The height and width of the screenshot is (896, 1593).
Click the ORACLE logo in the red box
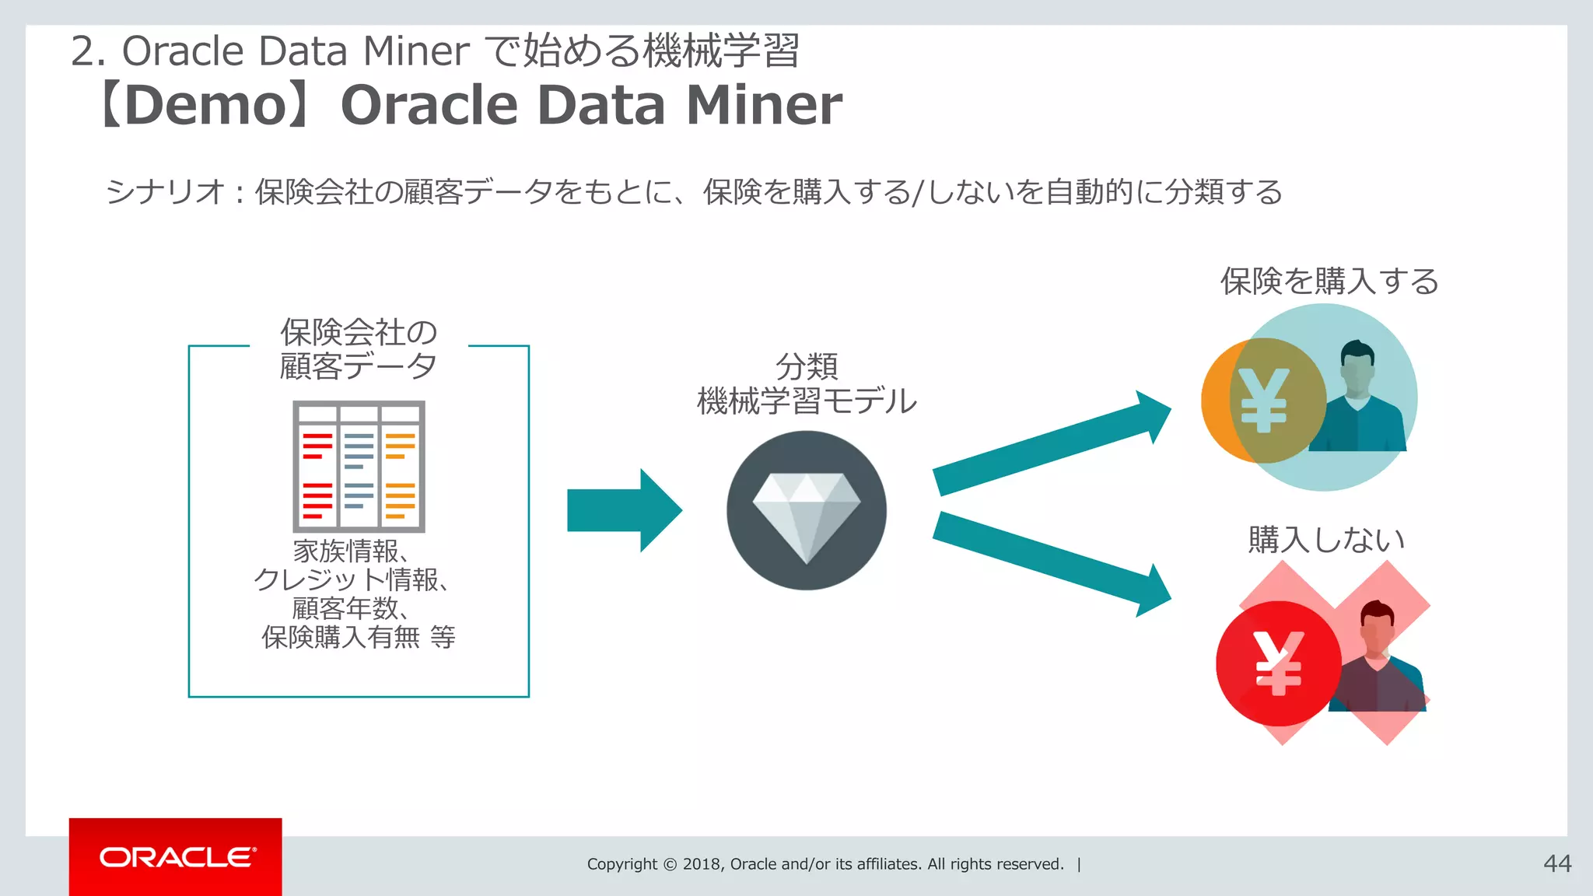[177, 857]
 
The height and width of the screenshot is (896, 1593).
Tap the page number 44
[1556, 863]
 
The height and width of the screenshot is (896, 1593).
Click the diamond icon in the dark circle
[807, 513]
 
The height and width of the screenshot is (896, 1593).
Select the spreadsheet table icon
[359, 466]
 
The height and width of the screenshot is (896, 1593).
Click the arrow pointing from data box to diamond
[622, 510]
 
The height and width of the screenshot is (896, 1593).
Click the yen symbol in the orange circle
[1263, 400]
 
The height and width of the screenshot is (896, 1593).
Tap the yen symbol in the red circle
[1278, 663]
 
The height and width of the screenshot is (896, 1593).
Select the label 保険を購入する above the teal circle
[1329, 281]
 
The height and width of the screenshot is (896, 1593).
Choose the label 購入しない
[1325, 539]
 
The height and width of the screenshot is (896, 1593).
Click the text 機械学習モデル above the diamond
[807, 401]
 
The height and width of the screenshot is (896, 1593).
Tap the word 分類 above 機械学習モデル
[807, 366]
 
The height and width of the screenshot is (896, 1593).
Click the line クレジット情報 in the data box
[350, 579]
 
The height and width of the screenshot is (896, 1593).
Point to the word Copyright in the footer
[621, 864]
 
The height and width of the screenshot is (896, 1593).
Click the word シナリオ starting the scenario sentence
[165, 191]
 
